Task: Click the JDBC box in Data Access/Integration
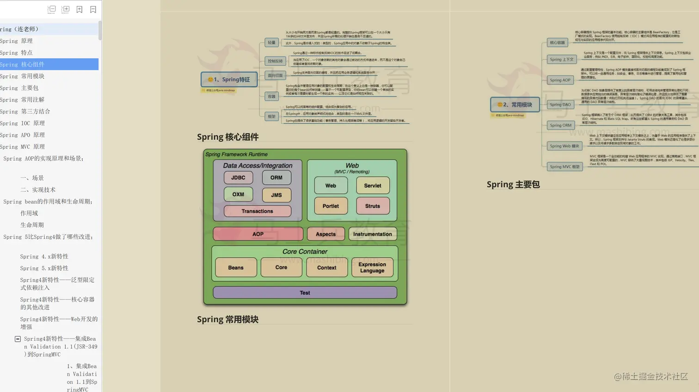tap(238, 178)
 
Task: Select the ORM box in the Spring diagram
tap(276, 178)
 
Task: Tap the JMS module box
tap(276, 195)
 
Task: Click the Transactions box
tap(257, 211)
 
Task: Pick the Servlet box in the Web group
tap(373, 186)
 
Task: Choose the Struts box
tap(373, 206)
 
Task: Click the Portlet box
tap(331, 206)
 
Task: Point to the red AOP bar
tap(258, 234)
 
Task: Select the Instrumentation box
tap(372, 234)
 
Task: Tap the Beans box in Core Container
tap(236, 267)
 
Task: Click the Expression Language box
tap(372, 267)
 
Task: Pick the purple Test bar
tap(305, 293)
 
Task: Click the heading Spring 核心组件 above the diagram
tap(227, 137)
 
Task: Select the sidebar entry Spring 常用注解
tap(22, 100)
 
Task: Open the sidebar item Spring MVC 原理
tap(22, 147)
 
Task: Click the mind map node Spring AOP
tap(560, 80)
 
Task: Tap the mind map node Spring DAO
tap(560, 105)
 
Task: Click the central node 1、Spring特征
tap(229, 79)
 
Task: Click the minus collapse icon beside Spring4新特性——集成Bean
tap(18, 339)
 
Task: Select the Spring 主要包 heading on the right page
tap(513, 185)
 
